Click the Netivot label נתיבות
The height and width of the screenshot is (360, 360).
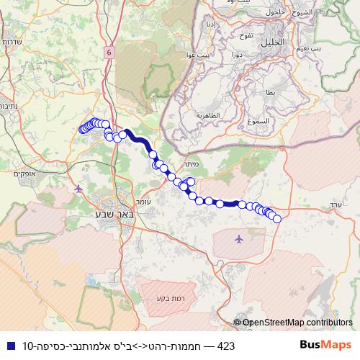pos(9,105)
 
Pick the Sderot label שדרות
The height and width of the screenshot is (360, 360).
pos(12,42)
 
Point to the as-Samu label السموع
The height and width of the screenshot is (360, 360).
pos(256,122)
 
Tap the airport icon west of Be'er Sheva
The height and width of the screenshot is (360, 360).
pos(78,189)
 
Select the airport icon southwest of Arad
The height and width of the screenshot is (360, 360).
pos(239,238)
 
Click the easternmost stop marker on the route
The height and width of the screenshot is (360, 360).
pos(276,218)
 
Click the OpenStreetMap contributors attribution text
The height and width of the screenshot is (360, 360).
pos(297,323)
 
